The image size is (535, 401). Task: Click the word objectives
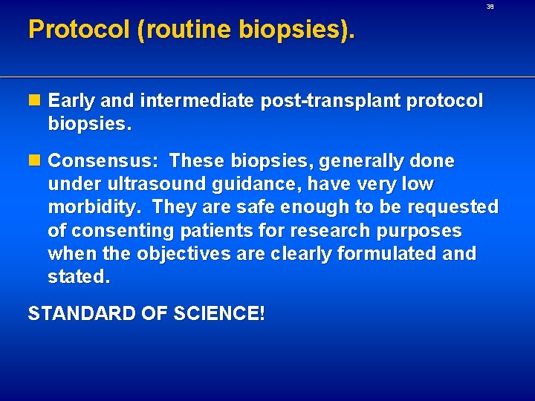(184, 253)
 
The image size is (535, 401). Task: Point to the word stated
(78, 277)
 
